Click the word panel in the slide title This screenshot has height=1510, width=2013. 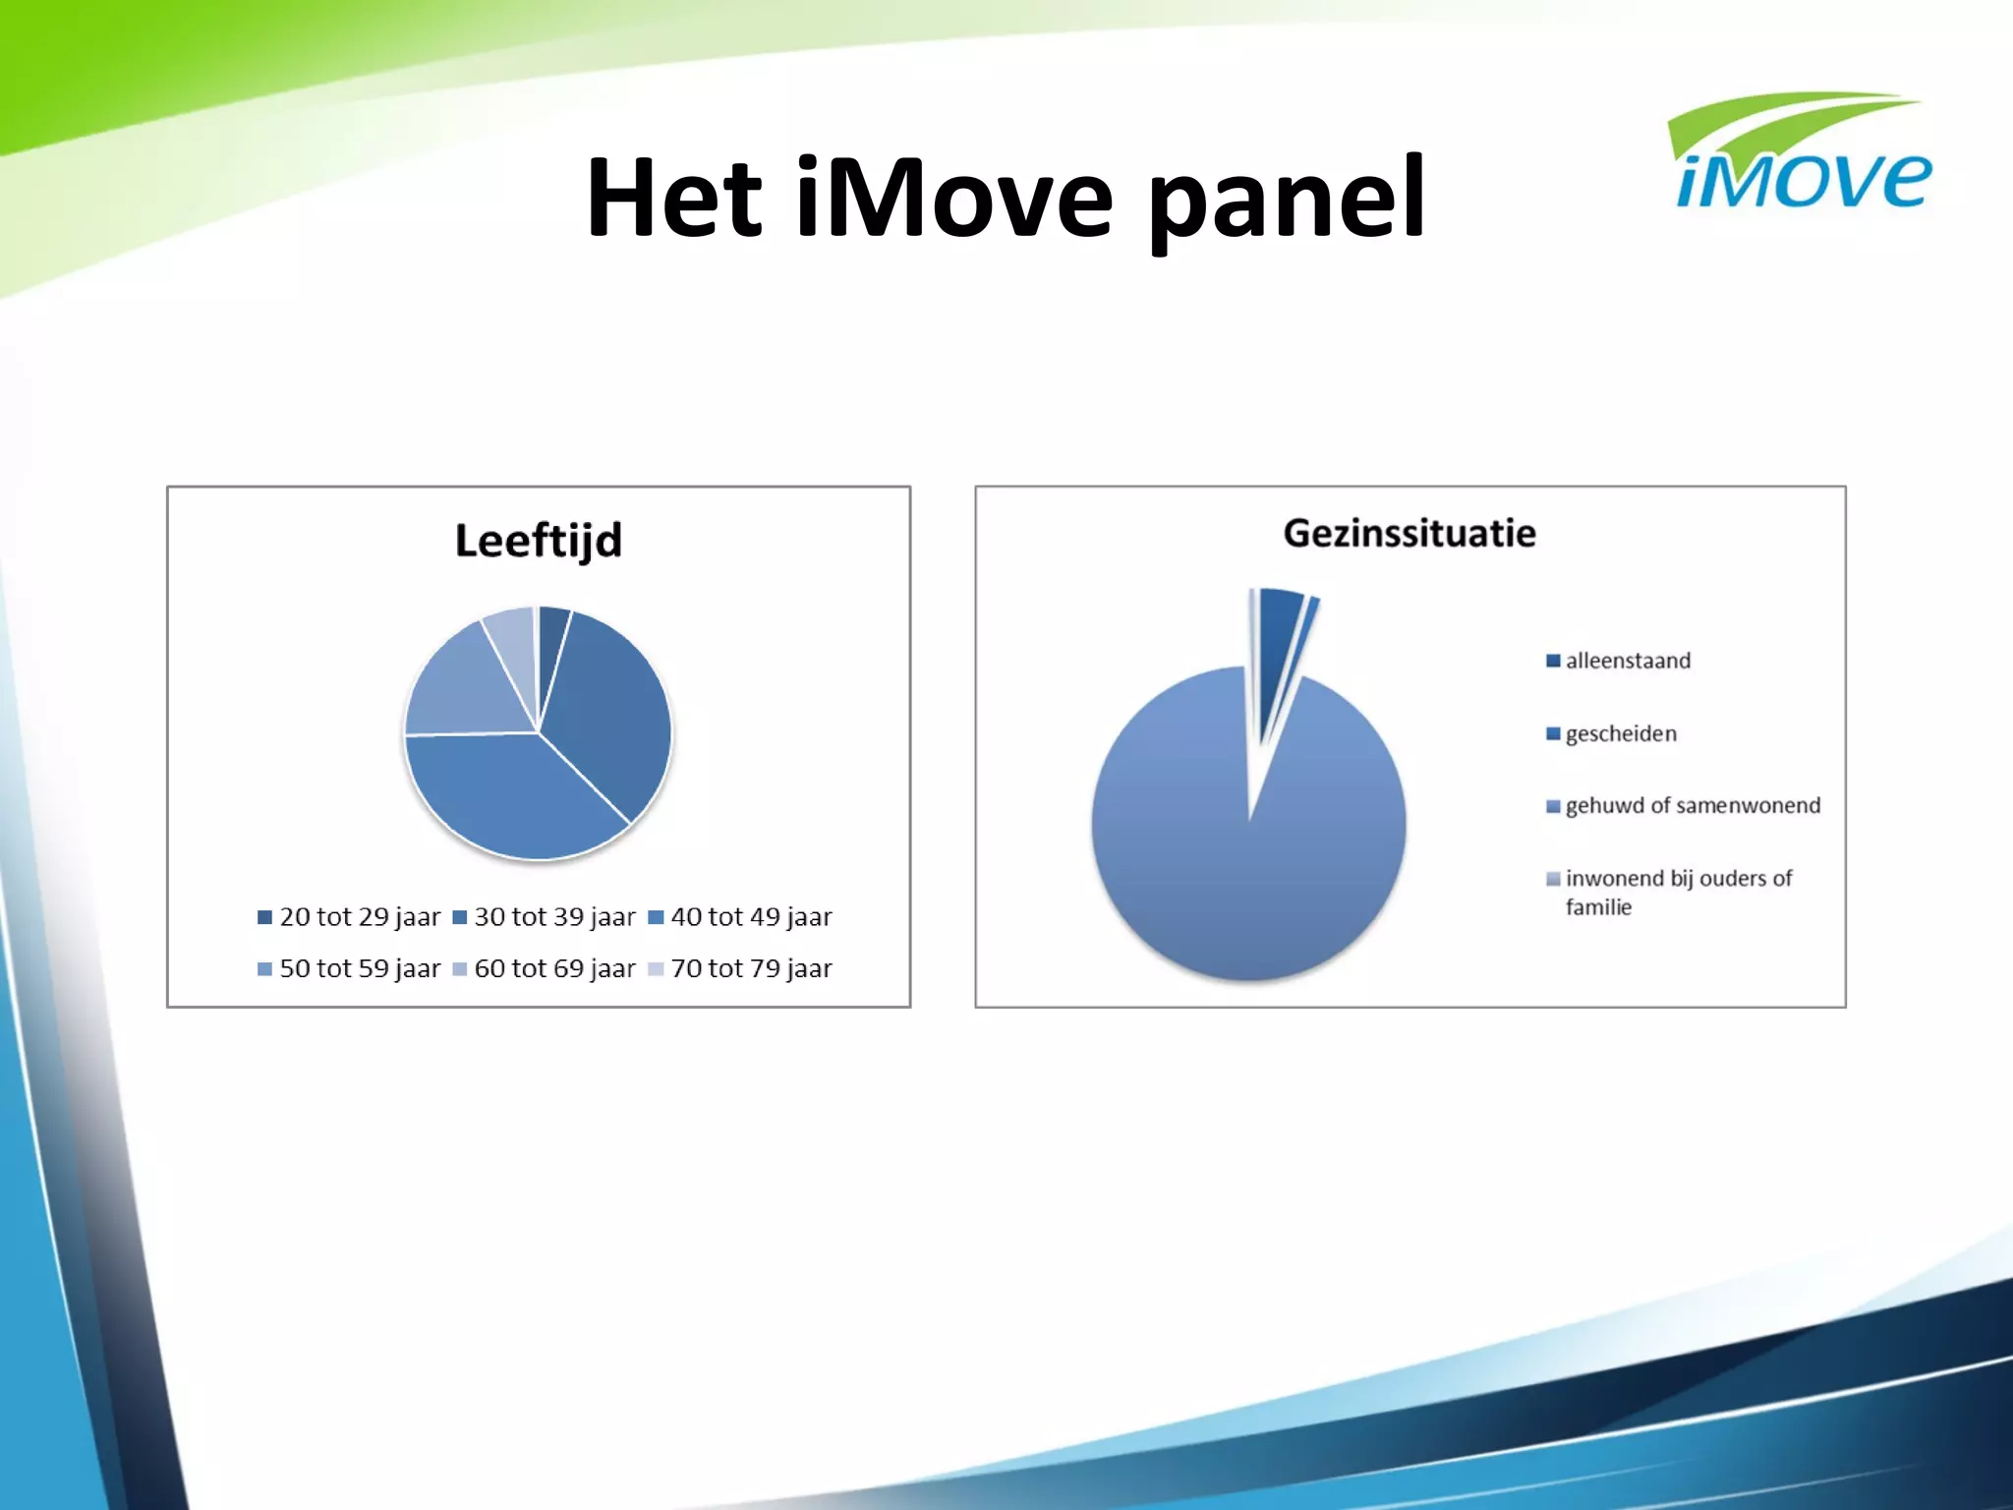pyautogui.click(x=1288, y=200)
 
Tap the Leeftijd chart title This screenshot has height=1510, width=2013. pyautogui.click(x=539, y=541)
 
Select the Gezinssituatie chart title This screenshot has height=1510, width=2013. pyautogui.click(x=1409, y=534)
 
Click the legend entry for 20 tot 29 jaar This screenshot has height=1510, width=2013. pyautogui.click(x=349, y=917)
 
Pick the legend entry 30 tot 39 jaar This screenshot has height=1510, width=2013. pyautogui.click(x=545, y=917)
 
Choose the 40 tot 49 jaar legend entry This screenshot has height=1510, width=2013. pyautogui.click(x=741, y=917)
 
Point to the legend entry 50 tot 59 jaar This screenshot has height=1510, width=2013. pyautogui.click(x=349, y=969)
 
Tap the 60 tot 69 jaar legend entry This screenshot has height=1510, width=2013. pyautogui.click(x=545, y=969)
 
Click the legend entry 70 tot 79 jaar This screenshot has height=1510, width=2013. pyautogui.click(x=741, y=969)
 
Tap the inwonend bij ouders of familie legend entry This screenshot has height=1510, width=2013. pyautogui.click(x=1671, y=892)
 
